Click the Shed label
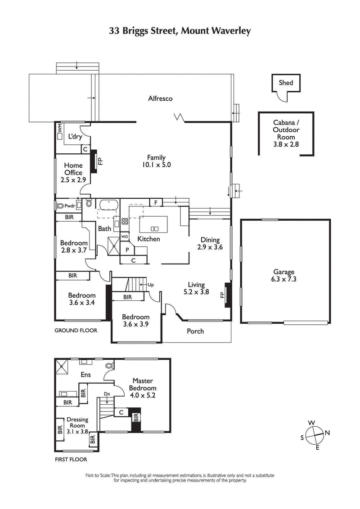coord(286,83)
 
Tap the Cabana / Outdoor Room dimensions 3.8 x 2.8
coord(286,144)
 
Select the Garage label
coord(283,272)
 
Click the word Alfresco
coord(161,98)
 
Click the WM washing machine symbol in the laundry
coord(60,130)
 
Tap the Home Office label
coord(73,169)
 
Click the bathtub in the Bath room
coord(108,205)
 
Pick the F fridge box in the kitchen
coord(156,203)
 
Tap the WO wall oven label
coord(125,237)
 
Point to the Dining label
coord(210,240)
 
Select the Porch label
coord(195,331)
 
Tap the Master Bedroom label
coord(143,384)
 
